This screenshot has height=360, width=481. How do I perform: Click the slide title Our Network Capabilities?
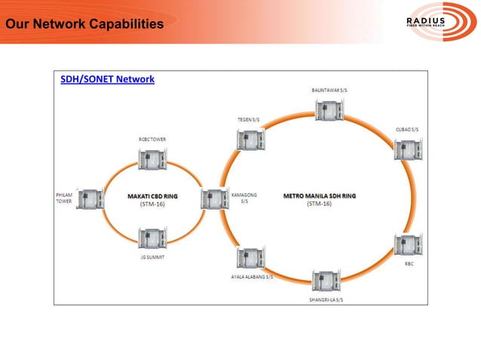coord(83,26)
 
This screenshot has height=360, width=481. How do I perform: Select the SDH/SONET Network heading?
coord(107,79)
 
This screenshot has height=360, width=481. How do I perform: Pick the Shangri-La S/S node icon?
coord(326,281)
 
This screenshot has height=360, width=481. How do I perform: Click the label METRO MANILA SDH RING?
coord(320,196)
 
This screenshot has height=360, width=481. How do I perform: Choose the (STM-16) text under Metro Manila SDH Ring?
coord(320,204)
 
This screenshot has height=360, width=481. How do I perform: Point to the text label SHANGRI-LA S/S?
coord(326,299)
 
